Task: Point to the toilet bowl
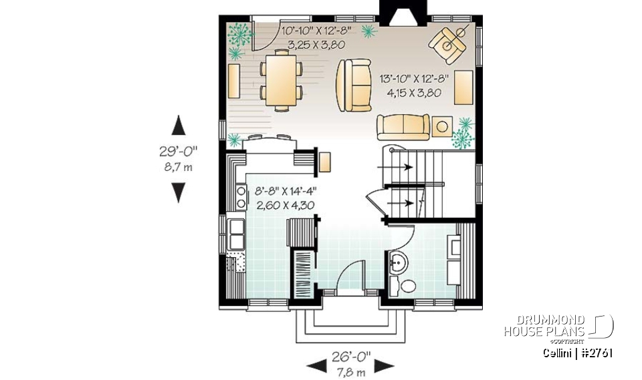(x=406, y=287)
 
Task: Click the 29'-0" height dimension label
(x=178, y=152)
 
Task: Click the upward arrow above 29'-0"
(x=178, y=125)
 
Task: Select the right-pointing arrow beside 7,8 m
(x=383, y=365)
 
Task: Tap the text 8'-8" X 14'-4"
(x=285, y=192)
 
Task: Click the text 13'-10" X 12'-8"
(x=415, y=78)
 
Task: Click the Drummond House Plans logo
(x=558, y=327)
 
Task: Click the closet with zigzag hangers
(x=303, y=274)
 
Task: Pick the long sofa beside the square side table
(x=403, y=127)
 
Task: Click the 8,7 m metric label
(x=178, y=167)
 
